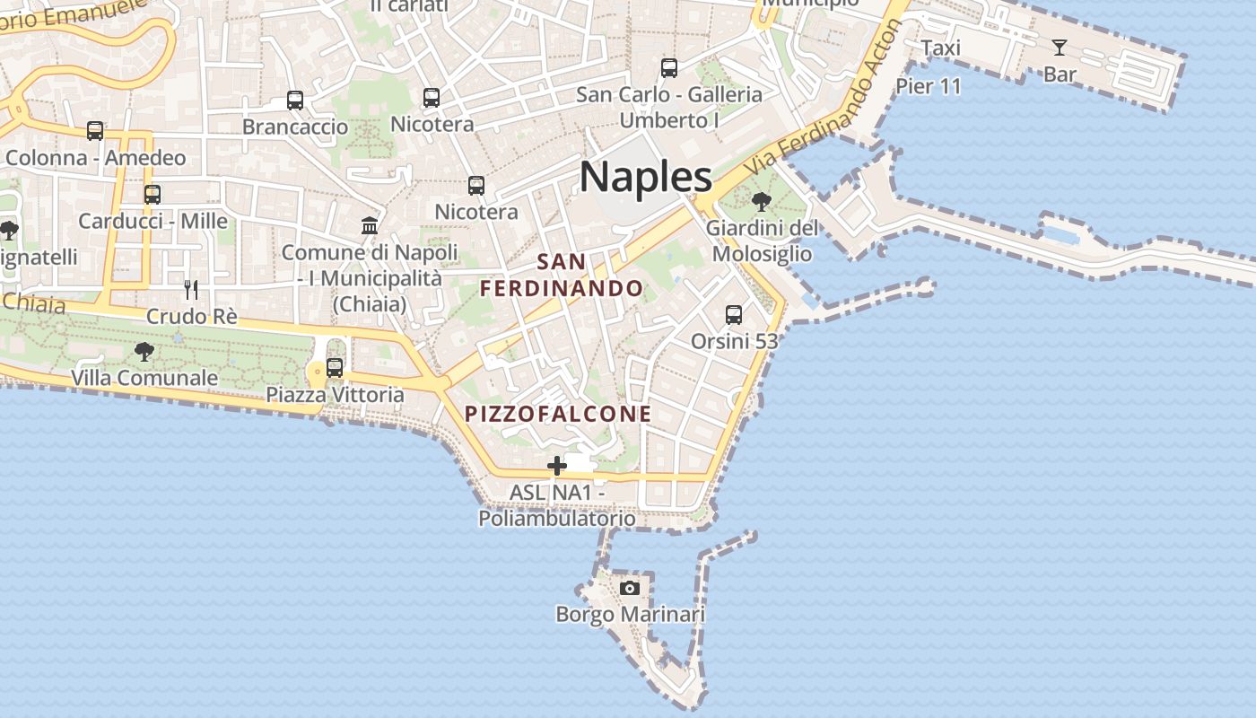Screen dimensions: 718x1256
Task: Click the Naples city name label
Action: coord(646,176)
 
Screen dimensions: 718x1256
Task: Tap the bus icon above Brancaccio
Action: coord(295,101)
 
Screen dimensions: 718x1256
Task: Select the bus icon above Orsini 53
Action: coord(734,315)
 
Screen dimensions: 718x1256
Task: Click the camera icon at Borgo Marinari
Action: coord(630,588)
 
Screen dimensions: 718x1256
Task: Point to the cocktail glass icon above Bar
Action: coord(1060,48)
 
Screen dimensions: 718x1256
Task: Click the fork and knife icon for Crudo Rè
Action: coord(190,289)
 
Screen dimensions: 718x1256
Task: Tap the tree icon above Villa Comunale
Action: coord(144,351)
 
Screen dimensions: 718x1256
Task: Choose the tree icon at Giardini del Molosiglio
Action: coord(762,202)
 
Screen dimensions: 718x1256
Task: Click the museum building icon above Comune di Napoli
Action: coord(370,225)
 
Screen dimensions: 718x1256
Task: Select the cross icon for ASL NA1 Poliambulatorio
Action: coord(557,466)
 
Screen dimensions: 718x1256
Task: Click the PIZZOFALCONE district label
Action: coord(558,414)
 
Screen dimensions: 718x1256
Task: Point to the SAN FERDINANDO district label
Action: coord(562,276)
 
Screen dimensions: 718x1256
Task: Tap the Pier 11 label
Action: coord(929,86)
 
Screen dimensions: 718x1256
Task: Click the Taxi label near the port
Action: coord(940,48)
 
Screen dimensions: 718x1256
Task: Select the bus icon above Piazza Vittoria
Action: coord(335,367)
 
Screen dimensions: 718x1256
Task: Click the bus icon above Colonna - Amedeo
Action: coord(95,131)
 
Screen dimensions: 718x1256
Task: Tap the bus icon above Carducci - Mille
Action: coord(153,194)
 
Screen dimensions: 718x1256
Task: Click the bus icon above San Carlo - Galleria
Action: coord(669,68)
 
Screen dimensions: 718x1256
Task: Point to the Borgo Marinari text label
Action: coord(630,615)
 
